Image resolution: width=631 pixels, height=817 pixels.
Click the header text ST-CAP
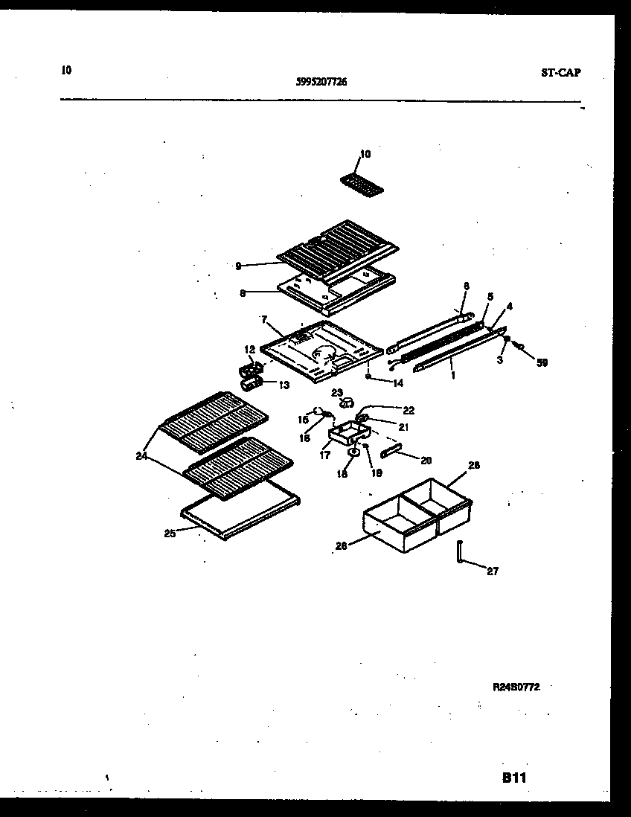tap(560, 73)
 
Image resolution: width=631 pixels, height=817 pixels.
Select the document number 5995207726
tap(321, 83)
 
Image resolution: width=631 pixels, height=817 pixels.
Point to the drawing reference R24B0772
tap(516, 688)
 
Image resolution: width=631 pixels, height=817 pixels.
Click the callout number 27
tap(493, 571)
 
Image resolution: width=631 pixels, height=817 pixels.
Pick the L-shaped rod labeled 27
tap(461, 554)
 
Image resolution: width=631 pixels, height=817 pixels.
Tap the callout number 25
tap(170, 533)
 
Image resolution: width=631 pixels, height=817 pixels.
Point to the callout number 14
tap(398, 384)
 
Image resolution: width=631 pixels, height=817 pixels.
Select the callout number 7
tap(263, 319)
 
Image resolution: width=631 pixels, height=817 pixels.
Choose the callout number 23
tap(337, 392)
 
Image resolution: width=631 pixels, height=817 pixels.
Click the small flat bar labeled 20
tap(392, 452)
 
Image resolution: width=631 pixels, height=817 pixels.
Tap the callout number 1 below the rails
tap(452, 375)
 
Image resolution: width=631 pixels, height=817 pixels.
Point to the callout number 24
tap(141, 456)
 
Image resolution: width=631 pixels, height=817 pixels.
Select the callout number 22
tap(409, 410)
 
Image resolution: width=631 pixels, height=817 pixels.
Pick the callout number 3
tap(501, 359)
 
